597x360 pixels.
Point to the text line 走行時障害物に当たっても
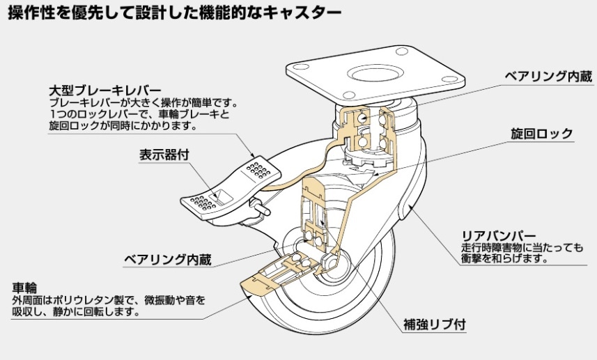(522, 246)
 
